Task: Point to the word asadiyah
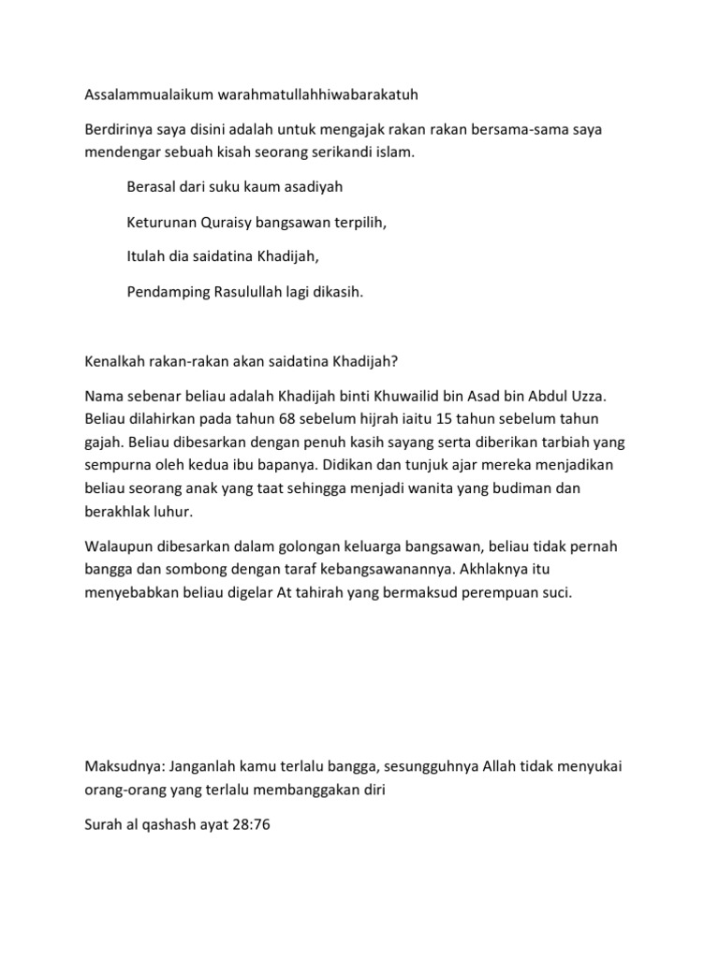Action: click(310, 187)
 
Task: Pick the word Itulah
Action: click(145, 257)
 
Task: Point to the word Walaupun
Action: click(120, 546)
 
